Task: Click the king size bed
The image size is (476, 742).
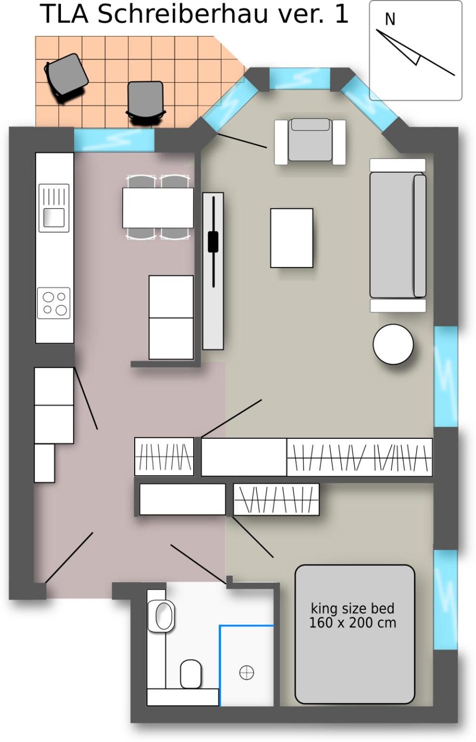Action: coord(355,634)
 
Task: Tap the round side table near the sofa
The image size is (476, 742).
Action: coord(393,344)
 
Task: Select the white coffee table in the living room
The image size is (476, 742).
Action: coord(292,238)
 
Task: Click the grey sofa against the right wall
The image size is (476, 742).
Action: coord(398,235)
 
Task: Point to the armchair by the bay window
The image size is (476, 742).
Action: coord(310,142)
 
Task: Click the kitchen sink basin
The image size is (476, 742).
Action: coord(54,218)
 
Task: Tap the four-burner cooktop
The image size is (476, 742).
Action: coord(54,303)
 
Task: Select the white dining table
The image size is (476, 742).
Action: coord(158,208)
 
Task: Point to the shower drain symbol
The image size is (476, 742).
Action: coord(247,673)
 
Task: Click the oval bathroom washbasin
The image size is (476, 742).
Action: coord(161,616)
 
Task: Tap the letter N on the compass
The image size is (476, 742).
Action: coord(390,19)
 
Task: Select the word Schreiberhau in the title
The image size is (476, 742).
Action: coord(182,14)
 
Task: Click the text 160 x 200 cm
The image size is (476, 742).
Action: coord(353,623)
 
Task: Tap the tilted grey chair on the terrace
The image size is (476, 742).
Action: coord(66,77)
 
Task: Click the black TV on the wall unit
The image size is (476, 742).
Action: coord(213,242)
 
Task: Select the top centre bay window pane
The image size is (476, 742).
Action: coord(299,78)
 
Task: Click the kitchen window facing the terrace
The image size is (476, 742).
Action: coord(114,140)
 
